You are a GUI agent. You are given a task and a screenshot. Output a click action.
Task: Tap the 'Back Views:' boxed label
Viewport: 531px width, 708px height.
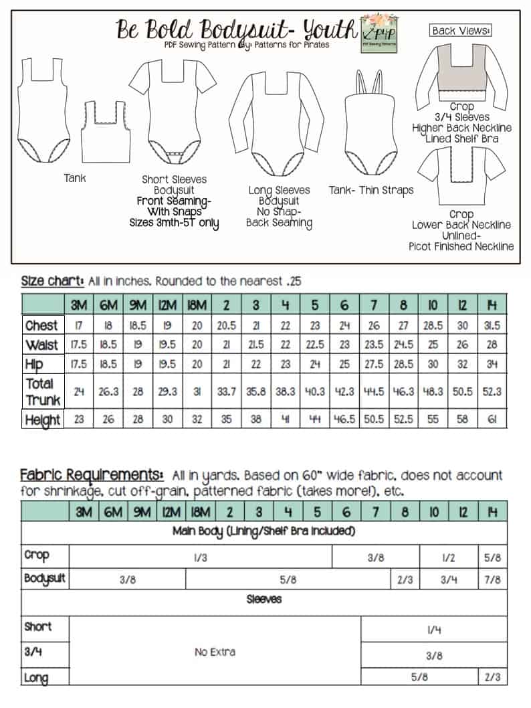(x=461, y=30)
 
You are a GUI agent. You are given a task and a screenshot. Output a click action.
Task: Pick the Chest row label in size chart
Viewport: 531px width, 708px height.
(x=41, y=325)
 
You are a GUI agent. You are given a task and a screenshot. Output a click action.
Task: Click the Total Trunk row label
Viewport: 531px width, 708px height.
(x=42, y=391)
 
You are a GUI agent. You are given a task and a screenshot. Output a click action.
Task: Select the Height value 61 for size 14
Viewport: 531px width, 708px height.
(x=491, y=420)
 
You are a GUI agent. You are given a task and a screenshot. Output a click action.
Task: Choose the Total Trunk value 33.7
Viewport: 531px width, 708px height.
(x=226, y=391)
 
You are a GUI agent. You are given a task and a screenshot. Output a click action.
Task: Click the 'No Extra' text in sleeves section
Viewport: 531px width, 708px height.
(x=215, y=652)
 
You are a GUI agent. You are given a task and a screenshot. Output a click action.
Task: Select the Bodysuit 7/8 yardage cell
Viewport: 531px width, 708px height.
(x=492, y=580)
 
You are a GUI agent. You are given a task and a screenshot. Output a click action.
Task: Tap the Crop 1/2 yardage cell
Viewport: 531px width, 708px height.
(x=449, y=557)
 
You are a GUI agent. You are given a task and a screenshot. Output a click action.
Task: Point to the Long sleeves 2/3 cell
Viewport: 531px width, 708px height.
(x=492, y=677)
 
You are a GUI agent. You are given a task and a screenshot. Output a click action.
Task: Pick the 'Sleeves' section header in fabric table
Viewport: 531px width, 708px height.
(x=264, y=600)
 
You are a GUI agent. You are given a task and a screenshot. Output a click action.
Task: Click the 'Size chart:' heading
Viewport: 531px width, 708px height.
(x=53, y=280)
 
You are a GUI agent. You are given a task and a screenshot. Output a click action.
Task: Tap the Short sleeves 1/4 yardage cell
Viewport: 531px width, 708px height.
(x=433, y=630)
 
